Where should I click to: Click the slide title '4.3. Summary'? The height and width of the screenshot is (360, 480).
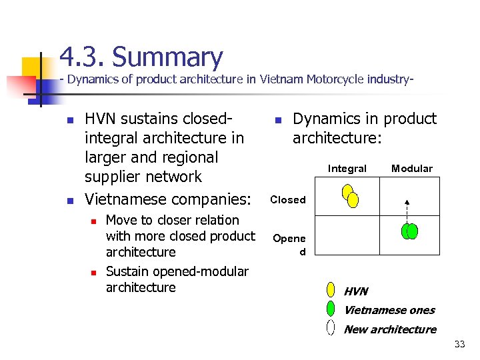pos(141,57)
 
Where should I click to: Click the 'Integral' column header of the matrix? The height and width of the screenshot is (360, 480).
pos(347,169)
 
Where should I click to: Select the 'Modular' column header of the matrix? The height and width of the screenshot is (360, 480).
pos(411,169)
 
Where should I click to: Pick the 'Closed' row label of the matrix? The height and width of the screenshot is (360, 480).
pos(288,199)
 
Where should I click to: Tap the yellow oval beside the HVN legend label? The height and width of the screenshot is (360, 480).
pos(331,290)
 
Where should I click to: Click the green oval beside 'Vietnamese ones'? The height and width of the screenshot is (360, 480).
pos(331,309)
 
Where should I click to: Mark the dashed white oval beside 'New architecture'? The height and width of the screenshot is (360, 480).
pos(331,327)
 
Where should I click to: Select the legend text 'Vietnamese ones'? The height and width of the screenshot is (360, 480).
pos(389,310)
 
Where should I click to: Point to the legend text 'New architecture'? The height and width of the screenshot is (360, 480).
pos(390,329)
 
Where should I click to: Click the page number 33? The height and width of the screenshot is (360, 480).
pos(459,345)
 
